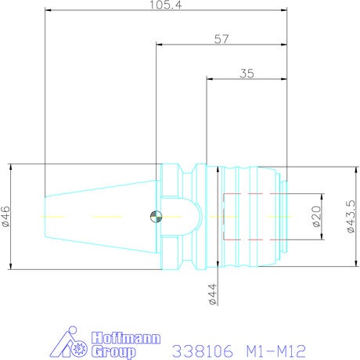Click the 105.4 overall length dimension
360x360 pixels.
tap(165, 5)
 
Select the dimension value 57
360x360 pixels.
tap(221, 39)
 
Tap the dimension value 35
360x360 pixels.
tap(247, 74)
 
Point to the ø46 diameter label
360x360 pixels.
tap(5, 216)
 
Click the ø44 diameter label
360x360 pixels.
tap(213, 294)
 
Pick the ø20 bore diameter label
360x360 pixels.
tap(316, 217)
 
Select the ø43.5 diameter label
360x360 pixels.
tap(351, 216)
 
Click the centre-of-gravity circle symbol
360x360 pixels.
tap(156, 217)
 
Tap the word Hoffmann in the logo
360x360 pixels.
tap(126, 338)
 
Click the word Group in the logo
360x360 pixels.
tap(113, 351)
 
